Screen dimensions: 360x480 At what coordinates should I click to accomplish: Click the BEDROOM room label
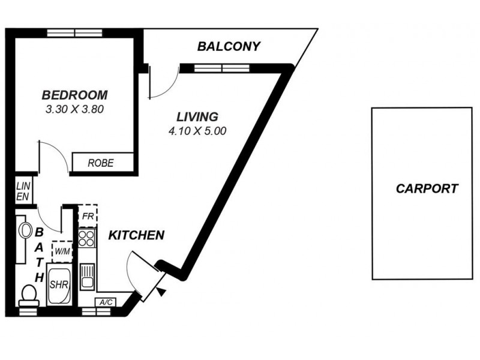coord(74,95)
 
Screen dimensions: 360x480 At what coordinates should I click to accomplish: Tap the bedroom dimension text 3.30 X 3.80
coord(75,110)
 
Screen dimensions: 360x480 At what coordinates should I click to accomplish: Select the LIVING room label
coord(197,116)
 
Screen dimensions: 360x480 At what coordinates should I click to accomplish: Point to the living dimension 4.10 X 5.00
coord(197,131)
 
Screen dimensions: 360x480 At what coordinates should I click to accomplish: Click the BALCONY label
coord(229,46)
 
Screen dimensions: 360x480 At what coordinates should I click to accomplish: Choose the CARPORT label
coord(427,188)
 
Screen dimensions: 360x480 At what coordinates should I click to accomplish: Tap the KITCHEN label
coord(136,235)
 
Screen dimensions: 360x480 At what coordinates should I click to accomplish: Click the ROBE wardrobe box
coord(101,163)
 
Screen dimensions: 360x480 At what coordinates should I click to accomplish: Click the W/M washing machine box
coord(61,251)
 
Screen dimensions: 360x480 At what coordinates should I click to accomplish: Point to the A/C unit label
coord(106,302)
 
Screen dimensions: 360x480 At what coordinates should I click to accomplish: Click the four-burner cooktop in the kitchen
coord(87,238)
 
